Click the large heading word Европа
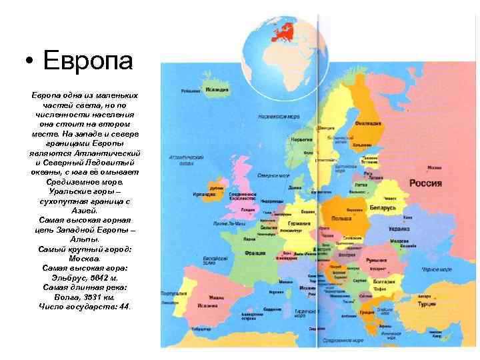tap(87, 62)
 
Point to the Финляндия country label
tap(368, 123)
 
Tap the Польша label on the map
tap(341, 218)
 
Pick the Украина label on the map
tap(398, 229)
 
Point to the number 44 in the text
tap(123, 306)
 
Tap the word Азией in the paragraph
tap(84, 209)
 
